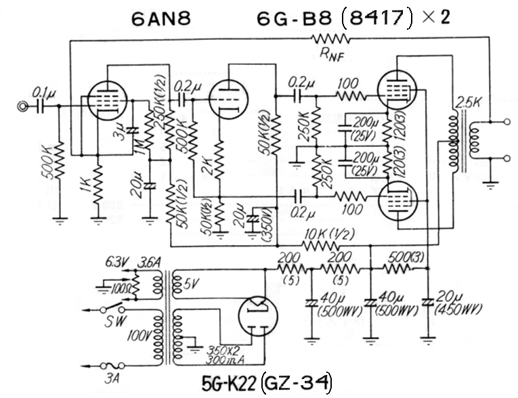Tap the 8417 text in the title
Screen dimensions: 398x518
[x=376, y=18]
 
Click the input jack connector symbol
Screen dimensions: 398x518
[x=25, y=106]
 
